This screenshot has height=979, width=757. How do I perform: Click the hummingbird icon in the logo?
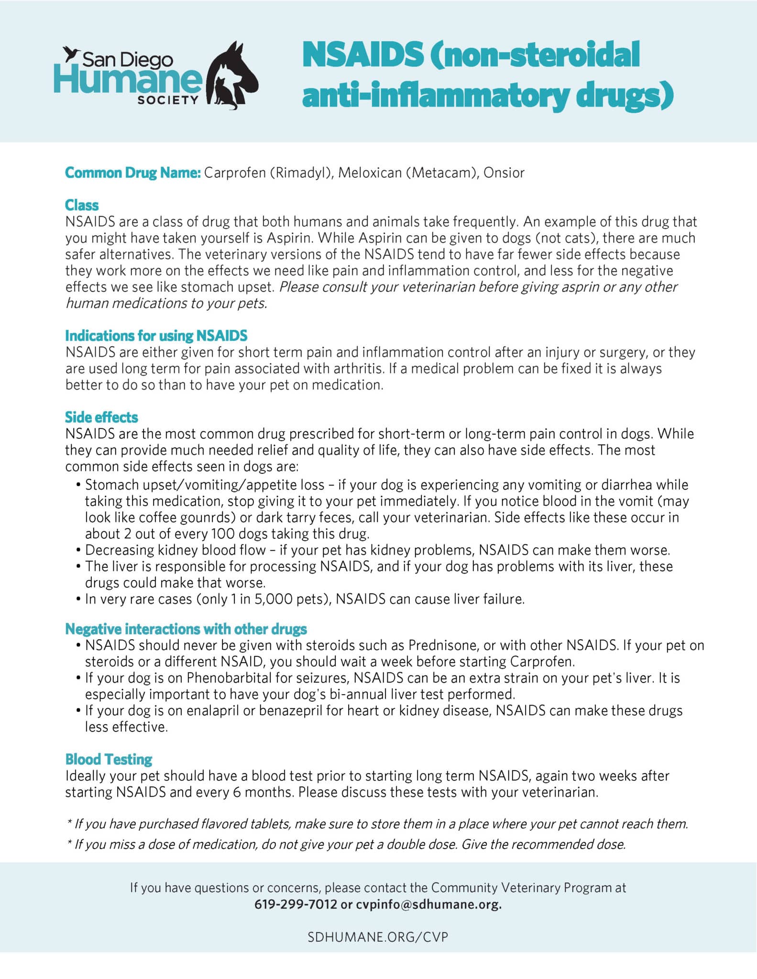click(x=73, y=54)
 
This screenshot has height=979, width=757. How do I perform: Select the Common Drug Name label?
click(x=132, y=173)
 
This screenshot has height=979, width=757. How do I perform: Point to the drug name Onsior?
click(x=504, y=173)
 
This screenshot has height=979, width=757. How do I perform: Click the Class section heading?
click(x=82, y=205)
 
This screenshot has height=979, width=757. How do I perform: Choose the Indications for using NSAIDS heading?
click(x=156, y=336)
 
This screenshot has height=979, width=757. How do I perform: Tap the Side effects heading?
click(x=101, y=417)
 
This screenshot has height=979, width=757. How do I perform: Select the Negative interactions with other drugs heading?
click(x=186, y=629)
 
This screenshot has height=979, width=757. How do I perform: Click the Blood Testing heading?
click(x=109, y=759)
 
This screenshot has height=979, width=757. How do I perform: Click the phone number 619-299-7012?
click(x=296, y=904)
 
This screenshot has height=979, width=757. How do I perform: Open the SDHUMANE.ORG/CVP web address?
click(x=378, y=936)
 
